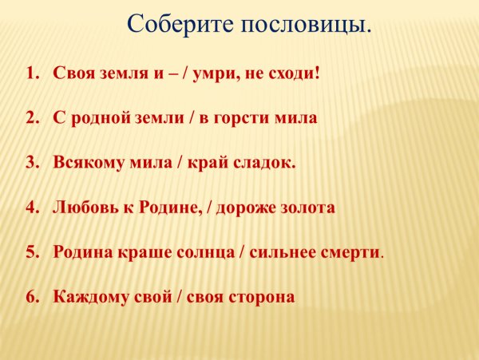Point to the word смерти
[351, 252]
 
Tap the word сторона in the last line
[263, 297]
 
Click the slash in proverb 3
[180, 163]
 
